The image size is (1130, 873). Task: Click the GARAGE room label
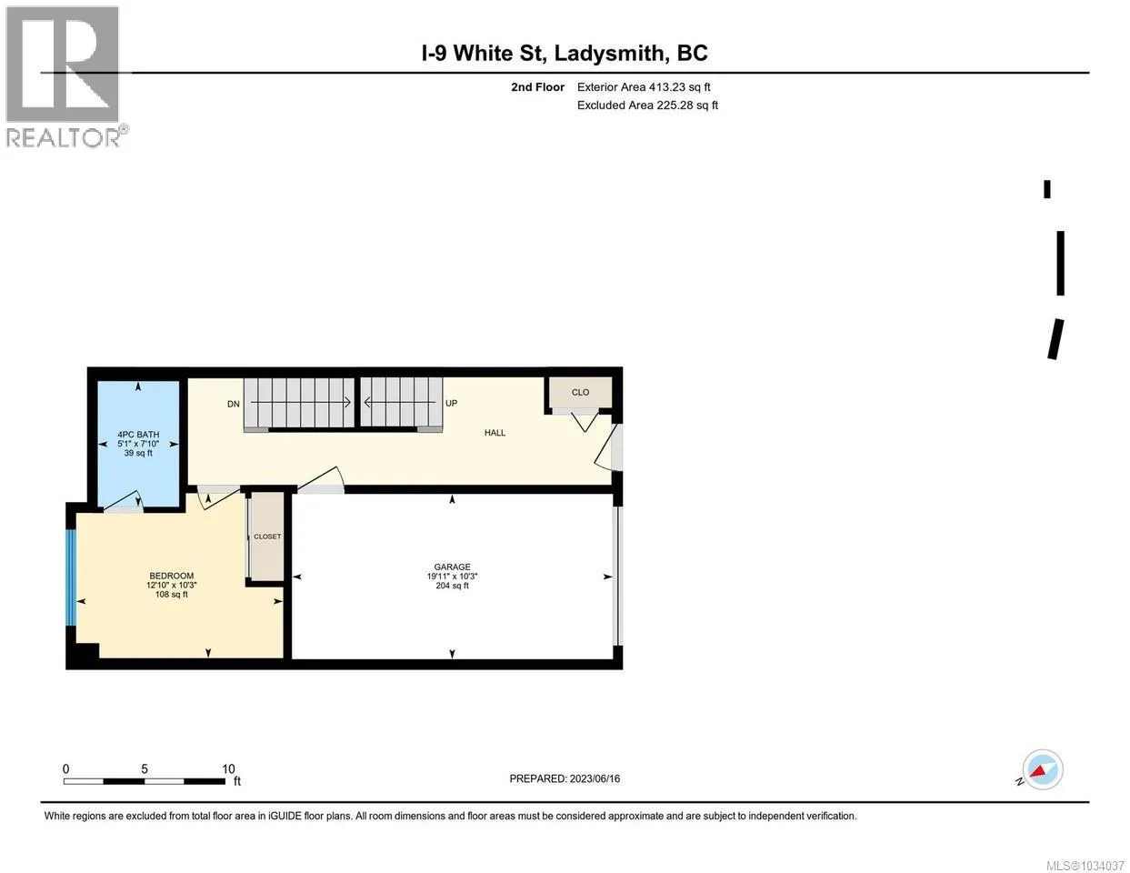pyautogui.click(x=453, y=567)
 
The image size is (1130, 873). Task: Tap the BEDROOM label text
pyautogui.click(x=172, y=577)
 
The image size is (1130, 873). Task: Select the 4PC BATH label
pyautogui.click(x=138, y=435)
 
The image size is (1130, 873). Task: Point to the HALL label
pyautogui.click(x=495, y=433)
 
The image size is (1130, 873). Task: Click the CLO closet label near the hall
pyautogui.click(x=580, y=393)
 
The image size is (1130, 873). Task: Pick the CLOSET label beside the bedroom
pyautogui.click(x=267, y=537)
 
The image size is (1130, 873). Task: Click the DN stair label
pyautogui.click(x=234, y=404)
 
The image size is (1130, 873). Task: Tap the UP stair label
pyautogui.click(x=452, y=404)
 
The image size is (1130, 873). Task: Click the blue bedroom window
pyautogui.click(x=71, y=577)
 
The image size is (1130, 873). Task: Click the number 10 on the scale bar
pyautogui.click(x=229, y=769)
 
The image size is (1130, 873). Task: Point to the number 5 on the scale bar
pyautogui.click(x=145, y=769)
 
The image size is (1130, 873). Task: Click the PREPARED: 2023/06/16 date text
pyautogui.click(x=565, y=779)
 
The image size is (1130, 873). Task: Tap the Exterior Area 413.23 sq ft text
pyautogui.click(x=644, y=87)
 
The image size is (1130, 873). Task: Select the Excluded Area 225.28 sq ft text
pyautogui.click(x=648, y=105)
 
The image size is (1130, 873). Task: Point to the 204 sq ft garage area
pyautogui.click(x=453, y=586)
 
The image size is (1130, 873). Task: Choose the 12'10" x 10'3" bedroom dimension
pyautogui.click(x=172, y=586)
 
